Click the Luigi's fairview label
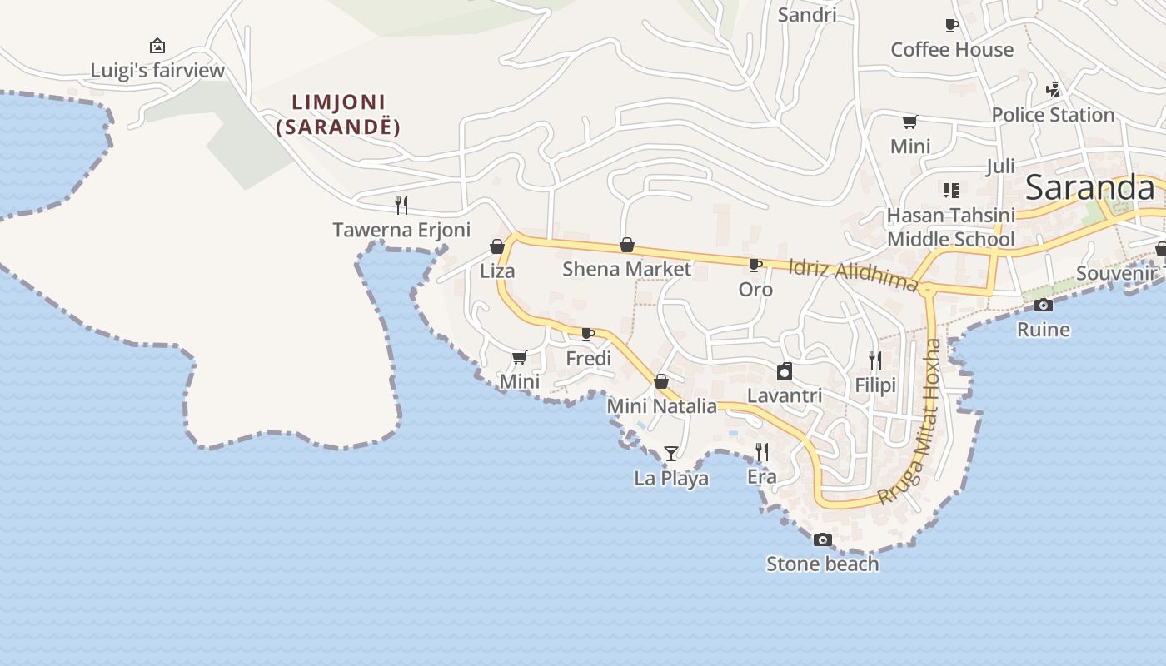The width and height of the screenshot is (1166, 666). pyautogui.click(x=157, y=71)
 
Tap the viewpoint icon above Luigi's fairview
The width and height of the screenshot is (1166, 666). pyautogui.click(x=157, y=46)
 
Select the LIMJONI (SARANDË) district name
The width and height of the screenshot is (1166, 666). pyautogui.click(x=338, y=115)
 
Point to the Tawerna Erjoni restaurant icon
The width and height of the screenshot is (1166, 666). pyautogui.click(x=401, y=205)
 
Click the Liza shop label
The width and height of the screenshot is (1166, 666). pyautogui.click(x=497, y=271)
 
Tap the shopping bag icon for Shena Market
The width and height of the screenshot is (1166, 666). pyautogui.click(x=627, y=245)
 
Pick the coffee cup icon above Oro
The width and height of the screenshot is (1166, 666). pyautogui.click(x=755, y=266)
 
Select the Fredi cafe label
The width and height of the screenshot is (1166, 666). pyautogui.click(x=588, y=359)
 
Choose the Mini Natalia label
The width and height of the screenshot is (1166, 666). pyautogui.click(x=661, y=406)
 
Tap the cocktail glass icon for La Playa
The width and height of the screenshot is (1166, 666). pyautogui.click(x=670, y=454)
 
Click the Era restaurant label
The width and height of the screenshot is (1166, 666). pyautogui.click(x=762, y=477)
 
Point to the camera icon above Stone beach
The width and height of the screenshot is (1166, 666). pyautogui.click(x=822, y=540)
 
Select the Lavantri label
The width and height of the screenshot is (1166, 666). pyautogui.click(x=785, y=395)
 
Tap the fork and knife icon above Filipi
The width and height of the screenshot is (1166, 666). pyautogui.click(x=875, y=360)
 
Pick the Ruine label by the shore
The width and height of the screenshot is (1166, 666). pyautogui.click(x=1044, y=330)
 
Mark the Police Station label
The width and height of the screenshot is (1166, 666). pyautogui.click(x=1053, y=115)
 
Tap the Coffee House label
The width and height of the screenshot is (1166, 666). pyautogui.click(x=952, y=50)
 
